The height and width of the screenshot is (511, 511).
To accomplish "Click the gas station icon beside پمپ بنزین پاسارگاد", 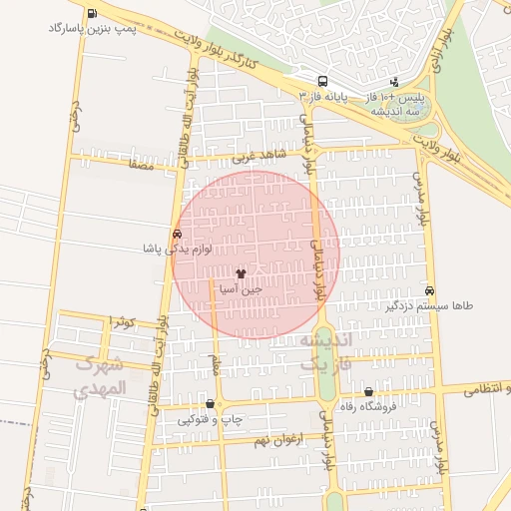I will click(93, 14).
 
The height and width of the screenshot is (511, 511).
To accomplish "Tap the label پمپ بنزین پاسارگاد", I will click(92, 29).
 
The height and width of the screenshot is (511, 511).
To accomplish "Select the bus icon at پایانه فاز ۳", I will click(322, 81).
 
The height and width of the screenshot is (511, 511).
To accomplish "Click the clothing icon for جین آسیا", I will click(241, 272).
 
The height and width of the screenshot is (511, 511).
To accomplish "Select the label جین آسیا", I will click(243, 288).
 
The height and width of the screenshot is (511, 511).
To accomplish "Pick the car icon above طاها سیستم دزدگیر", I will click(429, 290).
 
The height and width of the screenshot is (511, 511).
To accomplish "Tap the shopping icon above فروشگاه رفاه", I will click(369, 392).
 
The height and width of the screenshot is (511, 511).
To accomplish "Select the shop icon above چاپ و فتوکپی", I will click(210, 405).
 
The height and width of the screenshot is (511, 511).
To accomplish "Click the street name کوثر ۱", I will click(122, 321).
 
